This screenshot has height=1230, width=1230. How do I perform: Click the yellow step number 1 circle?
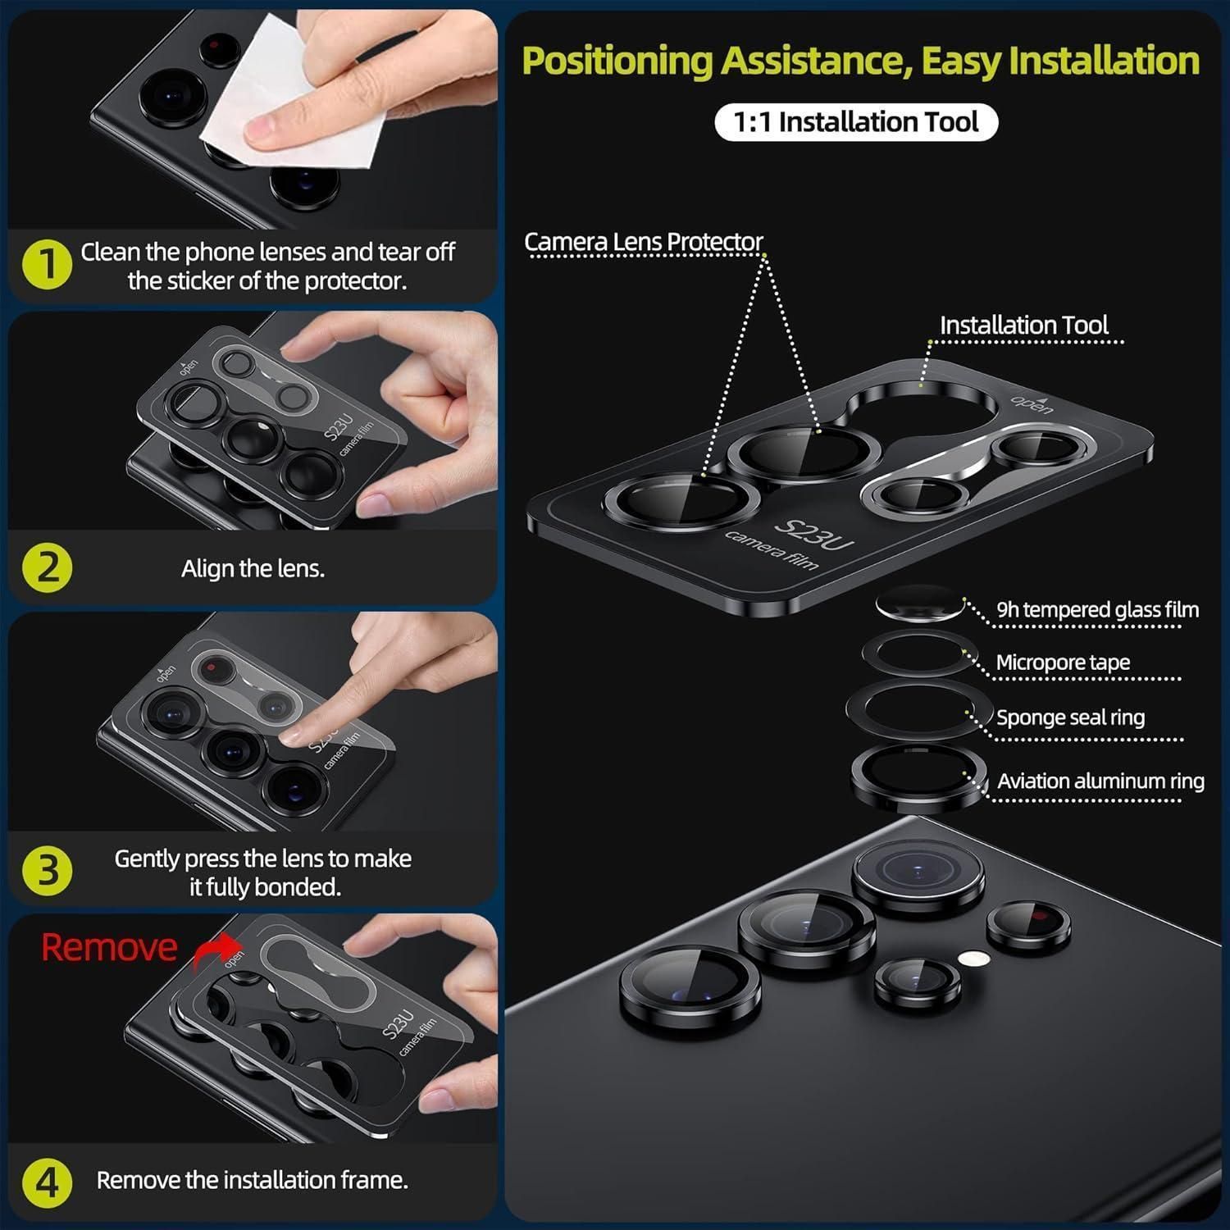click(x=48, y=264)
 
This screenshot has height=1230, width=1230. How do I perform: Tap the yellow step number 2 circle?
click(x=48, y=567)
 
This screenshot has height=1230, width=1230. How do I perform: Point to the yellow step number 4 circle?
click(x=48, y=1182)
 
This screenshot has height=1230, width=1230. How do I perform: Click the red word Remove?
click(x=109, y=947)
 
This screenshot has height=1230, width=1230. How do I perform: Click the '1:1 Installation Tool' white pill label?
click(x=856, y=122)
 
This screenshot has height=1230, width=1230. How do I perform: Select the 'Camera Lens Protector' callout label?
click(x=644, y=242)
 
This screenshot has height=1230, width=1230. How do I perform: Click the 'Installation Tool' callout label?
click(x=1024, y=325)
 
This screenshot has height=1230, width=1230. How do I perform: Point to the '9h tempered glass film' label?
click(x=1098, y=609)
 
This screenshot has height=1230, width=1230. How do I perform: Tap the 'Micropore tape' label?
click(x=1063, y=662)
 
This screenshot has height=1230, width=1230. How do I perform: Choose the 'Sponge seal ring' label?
click(x=1071, y=717)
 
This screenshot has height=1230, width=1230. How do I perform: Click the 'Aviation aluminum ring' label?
click(x=1100, y=781)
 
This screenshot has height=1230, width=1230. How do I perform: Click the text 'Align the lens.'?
click(x=253, y=568)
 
